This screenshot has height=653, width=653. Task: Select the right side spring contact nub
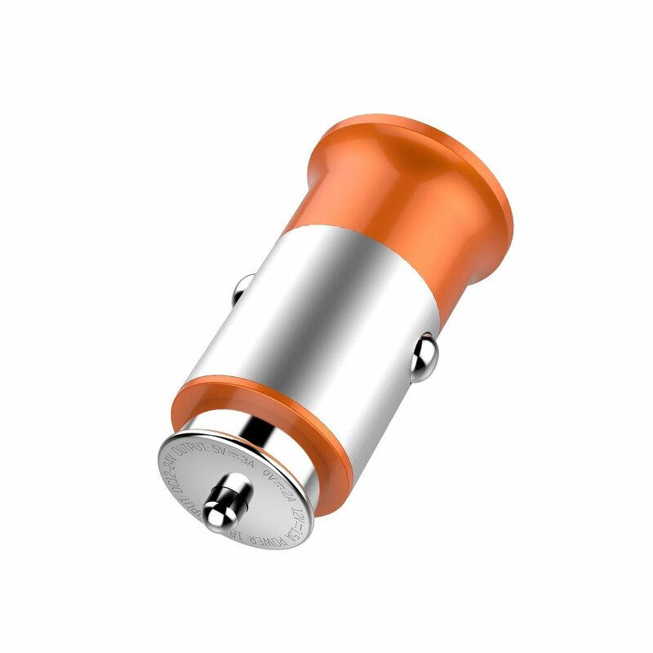(423, 358)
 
